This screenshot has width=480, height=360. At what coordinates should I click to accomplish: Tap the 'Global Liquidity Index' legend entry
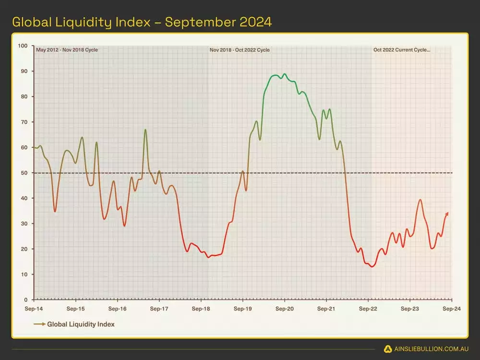(x=81, y=324)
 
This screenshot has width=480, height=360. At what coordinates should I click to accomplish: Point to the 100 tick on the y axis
(x=23, y=46)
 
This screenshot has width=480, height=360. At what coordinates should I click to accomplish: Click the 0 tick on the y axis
(x=26, y=300)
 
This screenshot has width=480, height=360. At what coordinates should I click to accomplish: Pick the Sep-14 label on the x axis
(x=34, y=309)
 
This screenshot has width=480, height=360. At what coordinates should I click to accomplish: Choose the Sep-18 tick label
(x=201, y=309)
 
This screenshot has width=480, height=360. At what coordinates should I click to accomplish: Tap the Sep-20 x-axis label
(x=284, y=309)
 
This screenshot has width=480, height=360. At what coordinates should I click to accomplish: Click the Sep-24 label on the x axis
(x=451, y=309)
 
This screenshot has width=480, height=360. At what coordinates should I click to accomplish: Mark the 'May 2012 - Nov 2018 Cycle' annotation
(x=67, y=50)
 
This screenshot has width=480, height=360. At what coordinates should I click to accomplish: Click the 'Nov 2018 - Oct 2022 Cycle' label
(x=240, y=50)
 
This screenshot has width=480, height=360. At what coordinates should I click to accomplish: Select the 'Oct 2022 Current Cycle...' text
(x=402, y=50)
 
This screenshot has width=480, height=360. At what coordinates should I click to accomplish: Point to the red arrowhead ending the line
(x=447, y=213)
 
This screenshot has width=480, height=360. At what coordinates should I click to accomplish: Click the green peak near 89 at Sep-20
(x=285, y=74)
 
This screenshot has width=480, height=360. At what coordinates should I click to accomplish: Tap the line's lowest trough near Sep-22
(x=372, y=266)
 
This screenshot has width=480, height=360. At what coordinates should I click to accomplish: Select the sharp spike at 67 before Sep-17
(x=145, y=130)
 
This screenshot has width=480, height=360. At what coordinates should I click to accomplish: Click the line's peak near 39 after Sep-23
(x=420, y=200)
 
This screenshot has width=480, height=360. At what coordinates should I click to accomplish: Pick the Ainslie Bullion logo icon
(x=387, y=349)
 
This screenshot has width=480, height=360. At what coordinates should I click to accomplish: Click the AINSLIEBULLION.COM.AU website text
(x=430, y=349)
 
